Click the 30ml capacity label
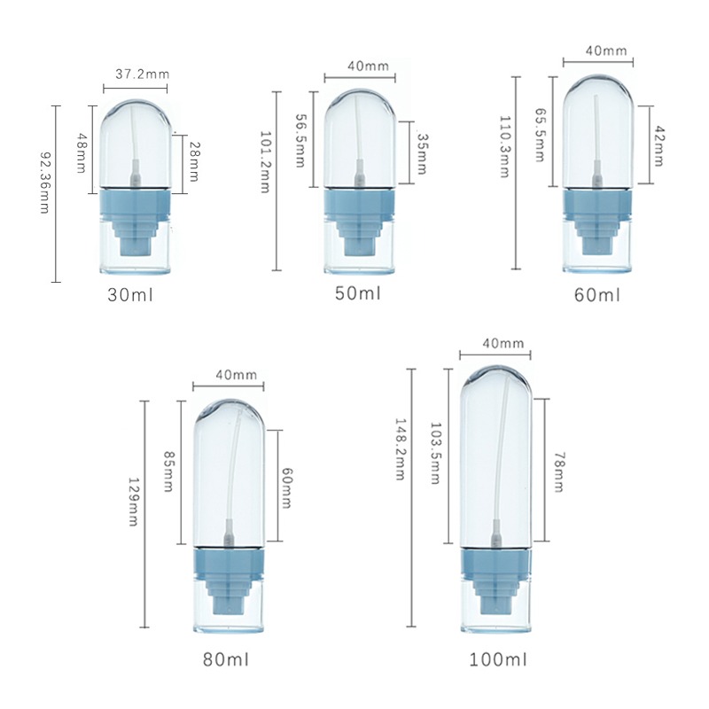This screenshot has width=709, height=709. [x=130, y=295]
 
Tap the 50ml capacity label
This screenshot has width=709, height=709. [x=358, y=293]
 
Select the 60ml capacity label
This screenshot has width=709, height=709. [x=597, y=295]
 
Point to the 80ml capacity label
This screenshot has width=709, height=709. [x=226, y=659]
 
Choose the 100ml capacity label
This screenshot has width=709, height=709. [x=498, y=659]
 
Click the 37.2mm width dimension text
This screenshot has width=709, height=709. [x=143, y=74]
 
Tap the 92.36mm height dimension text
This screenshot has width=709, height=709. [x=45, y=183]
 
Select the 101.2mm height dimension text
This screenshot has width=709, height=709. [x=265, y=162]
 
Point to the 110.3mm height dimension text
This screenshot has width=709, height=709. [x=504, y=147]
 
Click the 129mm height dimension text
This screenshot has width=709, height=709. [x=134, y=502]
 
